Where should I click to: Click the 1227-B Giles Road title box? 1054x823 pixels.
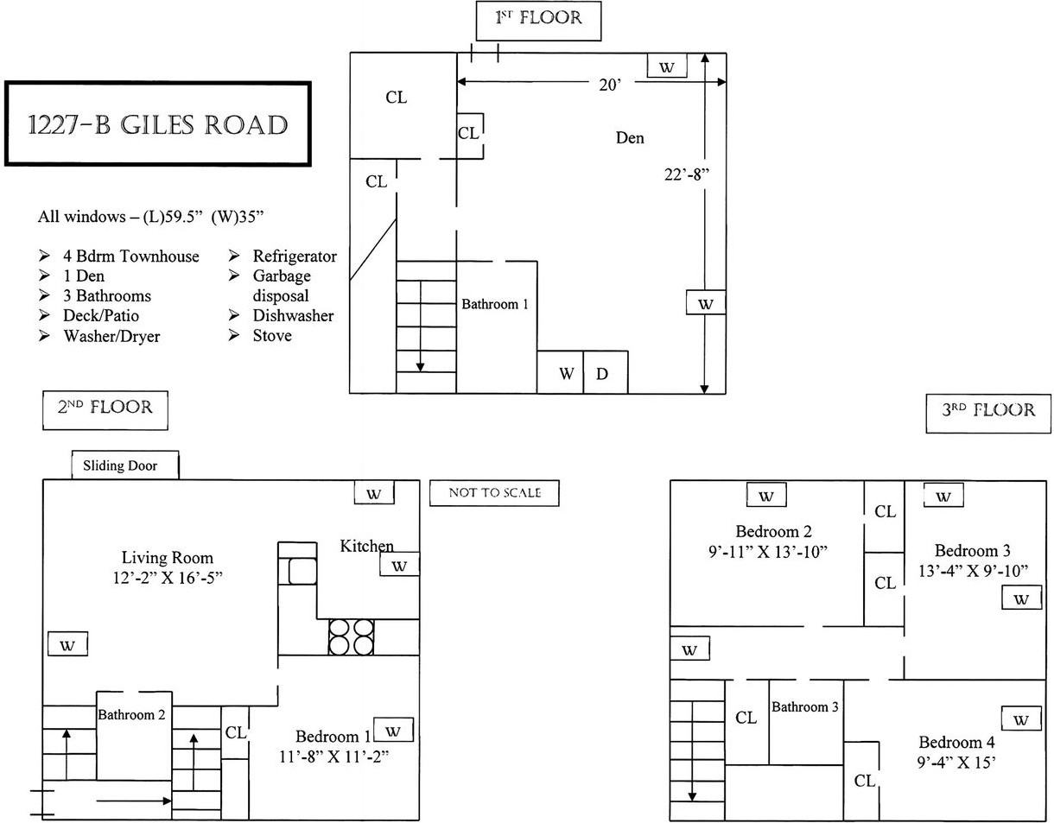point(157,124)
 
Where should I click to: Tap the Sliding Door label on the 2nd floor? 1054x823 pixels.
point(125,466)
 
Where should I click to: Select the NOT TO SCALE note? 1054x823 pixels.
point(494,493)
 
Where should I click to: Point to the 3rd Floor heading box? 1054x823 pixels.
point(988,410)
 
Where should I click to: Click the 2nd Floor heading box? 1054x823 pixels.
point(105,409)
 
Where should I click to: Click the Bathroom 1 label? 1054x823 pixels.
point(494,304)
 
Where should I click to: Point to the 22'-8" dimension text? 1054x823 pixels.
point(686,174)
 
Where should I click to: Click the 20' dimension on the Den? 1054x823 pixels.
point(610,85)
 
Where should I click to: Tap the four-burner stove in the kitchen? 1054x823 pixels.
point(351,636)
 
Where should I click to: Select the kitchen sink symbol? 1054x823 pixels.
point(302,571)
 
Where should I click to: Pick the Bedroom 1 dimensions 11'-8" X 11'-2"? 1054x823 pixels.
point(335,757)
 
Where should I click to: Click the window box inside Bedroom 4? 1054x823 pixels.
point(1021,719)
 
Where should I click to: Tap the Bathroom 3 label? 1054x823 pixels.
point(804,706)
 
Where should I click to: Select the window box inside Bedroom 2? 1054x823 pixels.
point(766,496)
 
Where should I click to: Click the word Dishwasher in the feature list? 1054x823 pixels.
point(293,316)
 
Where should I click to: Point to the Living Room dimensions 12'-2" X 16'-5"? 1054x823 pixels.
point(167,578)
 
